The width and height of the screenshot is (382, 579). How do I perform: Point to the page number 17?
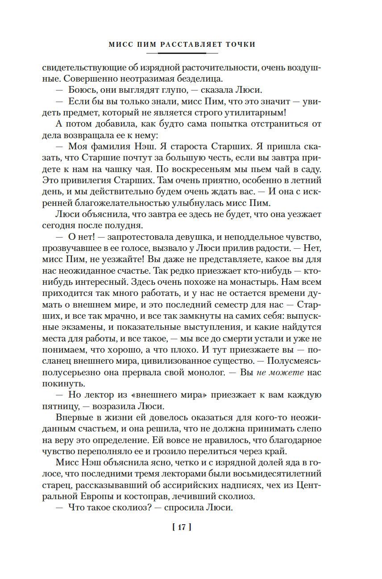181,527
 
